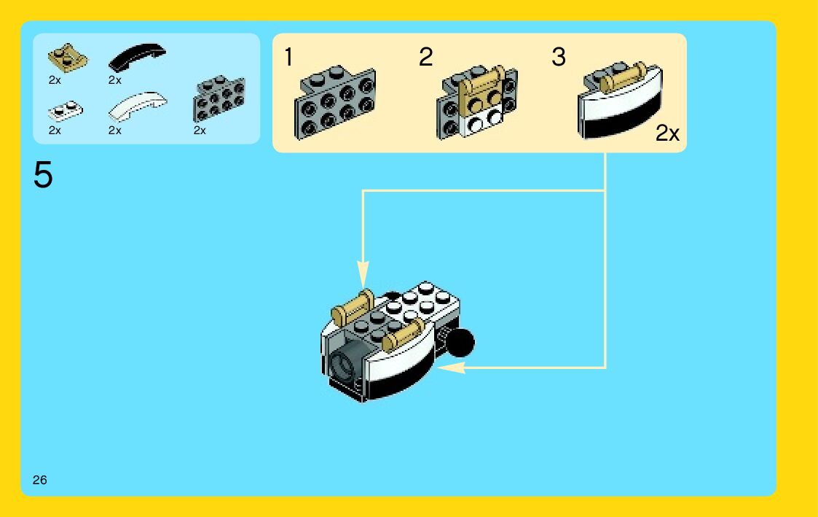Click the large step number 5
pyautogui.click(x=43, y=176)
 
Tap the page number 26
pyautogui.click(x=39, y=480)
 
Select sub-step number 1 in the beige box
pyautogui.click(x=289, y=57)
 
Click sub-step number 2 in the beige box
pyautogui.click(x=425, y=57)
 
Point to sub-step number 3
pyautogui.click(x=559, y=57)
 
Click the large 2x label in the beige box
pyautogui.click(x=666, y=133)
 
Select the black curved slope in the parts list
pyautogui.click(x=137, y=56)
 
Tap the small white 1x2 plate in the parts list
pyautogui.click(x=65, y=111)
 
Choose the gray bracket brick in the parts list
pyautogui.click(x=219, y=98)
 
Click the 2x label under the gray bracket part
pyautogui.click(x=200, y=131)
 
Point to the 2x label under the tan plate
pyautogui.click(x=55, y=80)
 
